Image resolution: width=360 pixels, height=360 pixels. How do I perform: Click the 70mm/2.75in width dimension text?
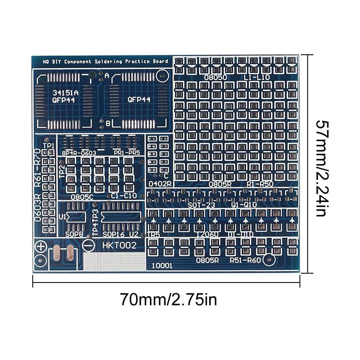[168, 299]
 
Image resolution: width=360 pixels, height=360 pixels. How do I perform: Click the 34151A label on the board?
[62, 92]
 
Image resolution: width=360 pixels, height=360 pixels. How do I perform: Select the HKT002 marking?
[119, 246]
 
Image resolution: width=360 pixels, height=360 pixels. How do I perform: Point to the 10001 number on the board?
[162, 266]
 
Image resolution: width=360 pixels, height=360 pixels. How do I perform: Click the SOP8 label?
[74, 234]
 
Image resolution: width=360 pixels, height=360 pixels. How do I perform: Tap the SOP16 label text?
[115, 234]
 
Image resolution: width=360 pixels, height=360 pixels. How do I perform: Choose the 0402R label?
[160, 184]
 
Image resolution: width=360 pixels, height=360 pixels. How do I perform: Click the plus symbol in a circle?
[41, 246]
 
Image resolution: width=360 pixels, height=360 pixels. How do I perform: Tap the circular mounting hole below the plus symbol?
[41, 260]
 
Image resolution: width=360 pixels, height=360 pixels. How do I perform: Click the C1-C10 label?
[124, 196]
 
